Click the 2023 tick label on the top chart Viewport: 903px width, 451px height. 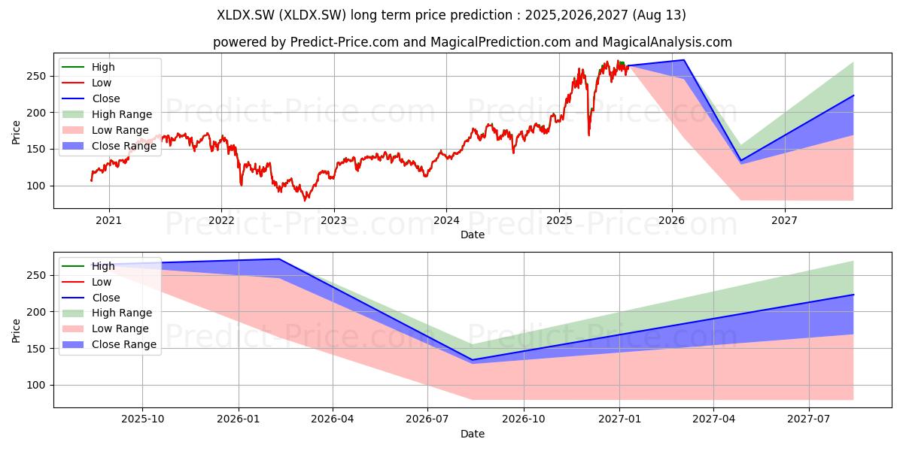333,221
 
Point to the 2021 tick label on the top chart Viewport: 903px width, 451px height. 108,221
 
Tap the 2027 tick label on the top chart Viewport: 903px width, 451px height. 784,221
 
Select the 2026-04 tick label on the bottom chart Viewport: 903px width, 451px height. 333,419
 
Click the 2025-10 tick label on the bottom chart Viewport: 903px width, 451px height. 143,419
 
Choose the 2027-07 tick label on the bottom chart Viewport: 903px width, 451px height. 809,419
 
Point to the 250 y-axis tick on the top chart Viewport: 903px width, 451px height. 36,76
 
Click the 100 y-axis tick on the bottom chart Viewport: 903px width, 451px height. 36,386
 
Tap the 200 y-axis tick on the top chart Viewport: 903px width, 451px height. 36,113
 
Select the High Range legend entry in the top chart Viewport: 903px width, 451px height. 107,114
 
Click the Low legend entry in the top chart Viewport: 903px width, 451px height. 87,83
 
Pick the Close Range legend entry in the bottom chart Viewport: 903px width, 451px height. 109,344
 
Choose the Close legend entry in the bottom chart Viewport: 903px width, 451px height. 91,298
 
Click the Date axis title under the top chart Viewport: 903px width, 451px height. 473,235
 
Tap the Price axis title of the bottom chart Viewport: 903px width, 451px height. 16,331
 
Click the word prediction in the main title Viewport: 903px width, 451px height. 485,15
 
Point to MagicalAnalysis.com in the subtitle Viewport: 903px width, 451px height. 667,42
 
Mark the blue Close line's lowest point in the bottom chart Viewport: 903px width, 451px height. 472,360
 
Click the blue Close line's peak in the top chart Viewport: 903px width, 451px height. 684,60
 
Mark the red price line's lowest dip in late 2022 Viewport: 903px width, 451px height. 306,200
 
